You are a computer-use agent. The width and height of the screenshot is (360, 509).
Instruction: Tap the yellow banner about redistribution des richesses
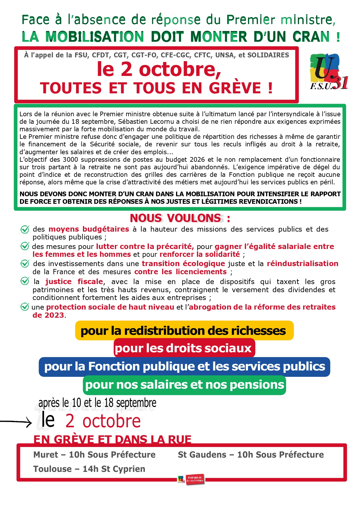tap(184, 331)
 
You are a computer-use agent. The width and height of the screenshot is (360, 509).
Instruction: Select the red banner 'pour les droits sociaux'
tap(184, 348)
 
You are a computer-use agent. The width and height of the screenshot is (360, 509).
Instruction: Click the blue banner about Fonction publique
tap(184, 367)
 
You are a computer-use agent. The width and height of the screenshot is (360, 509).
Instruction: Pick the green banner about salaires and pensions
tap(184, 385)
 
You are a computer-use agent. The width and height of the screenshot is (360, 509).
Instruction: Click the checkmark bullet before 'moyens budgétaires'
tap(25, 229)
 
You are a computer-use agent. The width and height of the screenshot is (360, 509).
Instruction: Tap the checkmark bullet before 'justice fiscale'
tap(25, 281)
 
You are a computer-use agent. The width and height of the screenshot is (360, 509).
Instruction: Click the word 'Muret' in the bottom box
tap(46, 455)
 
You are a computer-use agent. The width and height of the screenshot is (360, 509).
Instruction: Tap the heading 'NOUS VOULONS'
tap(176, 218)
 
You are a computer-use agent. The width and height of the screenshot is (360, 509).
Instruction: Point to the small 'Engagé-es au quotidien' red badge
tap(195, 479)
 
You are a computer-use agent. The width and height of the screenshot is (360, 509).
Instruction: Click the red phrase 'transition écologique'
tap(183, 263)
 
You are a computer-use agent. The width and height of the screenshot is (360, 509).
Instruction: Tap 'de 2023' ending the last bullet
tap(48, 315)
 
